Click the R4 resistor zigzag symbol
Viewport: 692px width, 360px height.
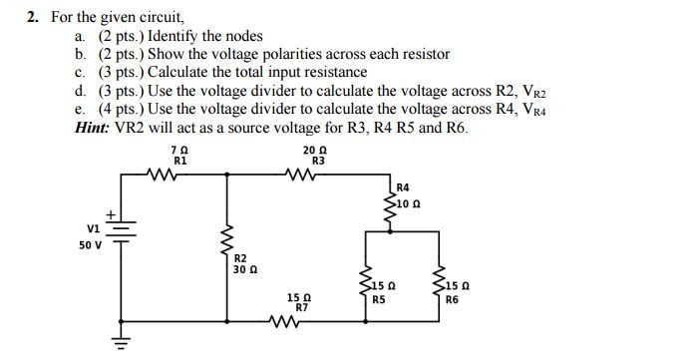pyautogui.click(x=389, y=208)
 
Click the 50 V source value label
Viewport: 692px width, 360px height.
pyautogui.click(x=90, y=244)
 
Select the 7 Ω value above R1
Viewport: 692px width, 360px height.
pyautogui.click(x=178, y=150)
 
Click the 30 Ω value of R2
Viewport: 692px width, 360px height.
pyautogui.click(x=245, y=269)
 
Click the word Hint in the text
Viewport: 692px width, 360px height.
pyautogui.click(x=92, y=129)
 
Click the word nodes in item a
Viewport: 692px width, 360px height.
pyautogui.click(x=244, y=36)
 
